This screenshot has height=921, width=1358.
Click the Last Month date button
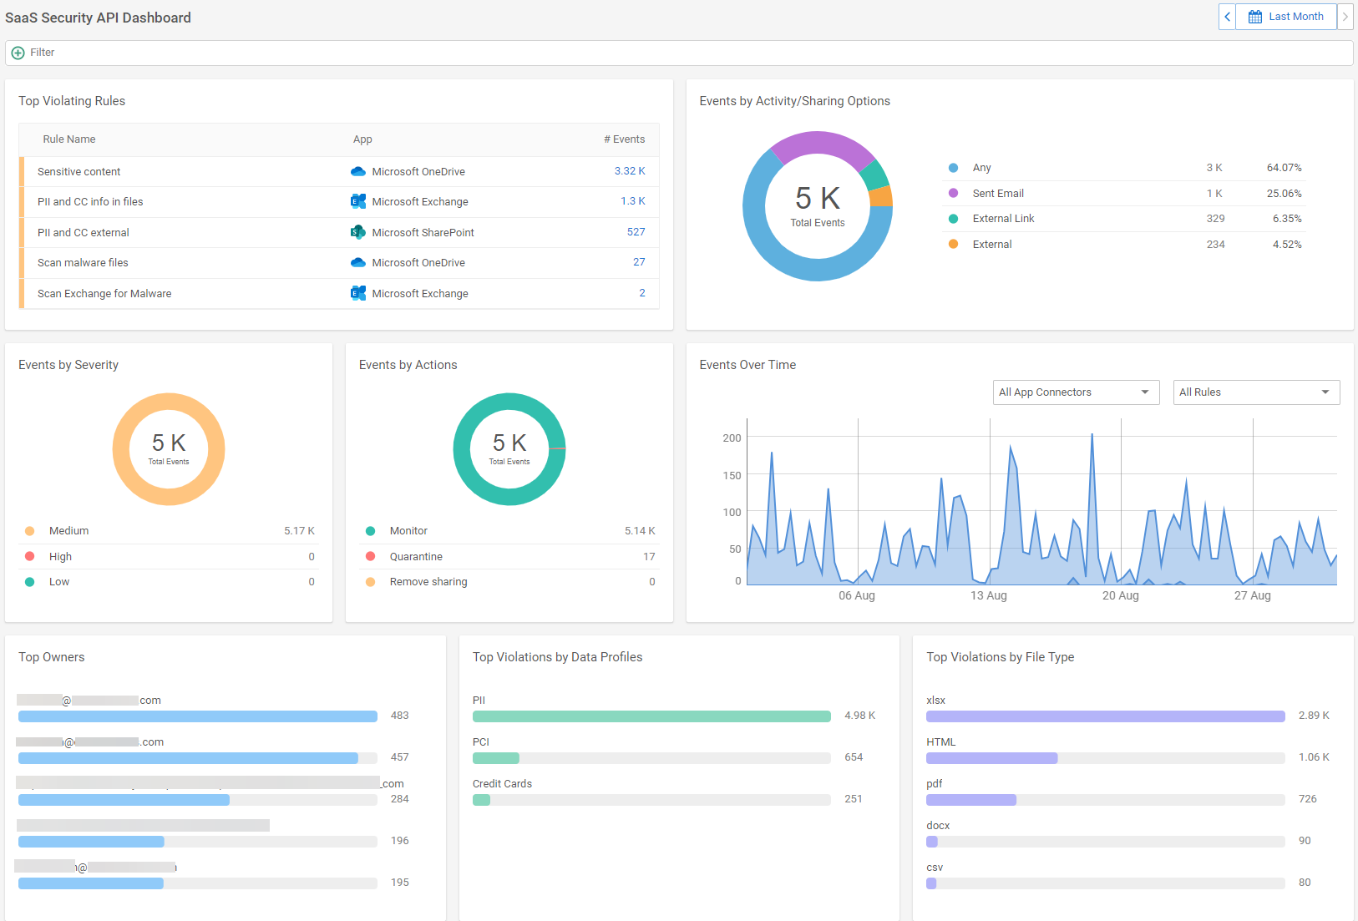(x=1286, y=17)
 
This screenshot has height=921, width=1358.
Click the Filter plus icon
(x=18, y=53)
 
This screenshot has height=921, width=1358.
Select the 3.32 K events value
(x=630, y=171)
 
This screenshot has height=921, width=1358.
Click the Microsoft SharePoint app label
(x=423, y=232)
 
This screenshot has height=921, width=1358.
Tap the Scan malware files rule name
(x=83, y=263)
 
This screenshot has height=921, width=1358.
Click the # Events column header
(x=624, y=139)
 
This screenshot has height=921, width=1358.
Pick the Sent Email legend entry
(x=998, y=193)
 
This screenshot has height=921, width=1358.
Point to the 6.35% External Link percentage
(x=1286, y=219)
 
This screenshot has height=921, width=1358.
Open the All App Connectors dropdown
(x=1075, y=392)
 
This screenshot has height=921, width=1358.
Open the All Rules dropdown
(x=1255, y=392)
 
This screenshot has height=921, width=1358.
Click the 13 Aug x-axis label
(x=988, y=595)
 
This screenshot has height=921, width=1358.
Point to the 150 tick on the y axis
(x=732, y=475)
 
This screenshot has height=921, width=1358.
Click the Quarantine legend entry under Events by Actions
(x=416, y=557)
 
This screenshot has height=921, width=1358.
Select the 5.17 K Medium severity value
(x=299, y=531)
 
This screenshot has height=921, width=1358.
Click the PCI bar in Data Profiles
(x=496, y=758)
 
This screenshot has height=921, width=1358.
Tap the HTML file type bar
(x=991, y=758)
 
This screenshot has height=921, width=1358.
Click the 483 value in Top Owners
(x=400, y=716)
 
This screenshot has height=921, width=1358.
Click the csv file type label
(x=935, y=868)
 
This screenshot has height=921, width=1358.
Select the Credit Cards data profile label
(x=502, y=784)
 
